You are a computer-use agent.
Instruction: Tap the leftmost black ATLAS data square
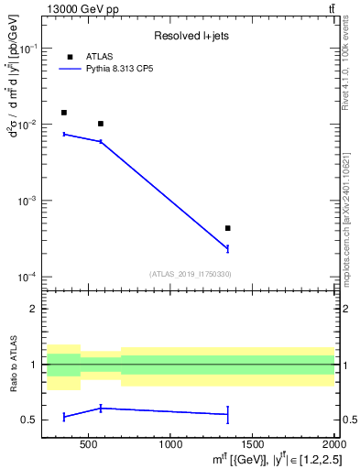pyautogui.click(x=63, y=113)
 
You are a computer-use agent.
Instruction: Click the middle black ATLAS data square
pyautogui.click(x=101, y=124)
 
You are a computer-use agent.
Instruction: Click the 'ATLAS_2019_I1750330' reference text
pyautogui.click(x=190, y=274)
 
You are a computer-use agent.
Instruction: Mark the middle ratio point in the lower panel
pyautogui.click(x=101, y=409)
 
